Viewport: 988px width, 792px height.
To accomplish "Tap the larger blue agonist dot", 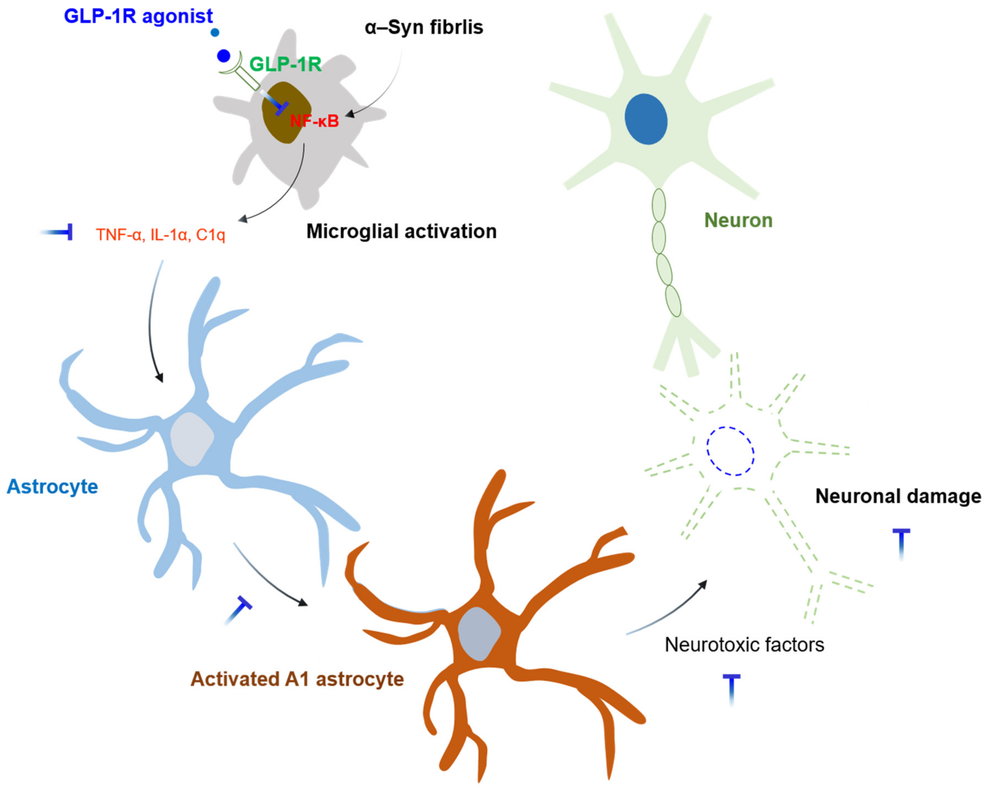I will pos(224,56).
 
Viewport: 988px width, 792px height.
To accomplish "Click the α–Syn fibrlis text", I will pos(424,28).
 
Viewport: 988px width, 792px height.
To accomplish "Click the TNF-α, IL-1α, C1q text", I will pos(160,235).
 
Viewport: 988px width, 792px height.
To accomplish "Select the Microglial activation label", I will pos(401,231).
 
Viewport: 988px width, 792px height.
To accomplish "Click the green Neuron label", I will pos(738,220).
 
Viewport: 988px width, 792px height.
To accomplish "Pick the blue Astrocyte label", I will pos(52,486).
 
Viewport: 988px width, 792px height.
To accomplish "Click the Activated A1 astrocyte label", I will pos(297,679).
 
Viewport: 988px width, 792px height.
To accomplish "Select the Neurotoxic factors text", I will pos(744,645).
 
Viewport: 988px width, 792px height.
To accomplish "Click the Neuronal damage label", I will pos(898,496).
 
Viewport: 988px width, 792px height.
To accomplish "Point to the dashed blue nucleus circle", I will pos(730,451).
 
